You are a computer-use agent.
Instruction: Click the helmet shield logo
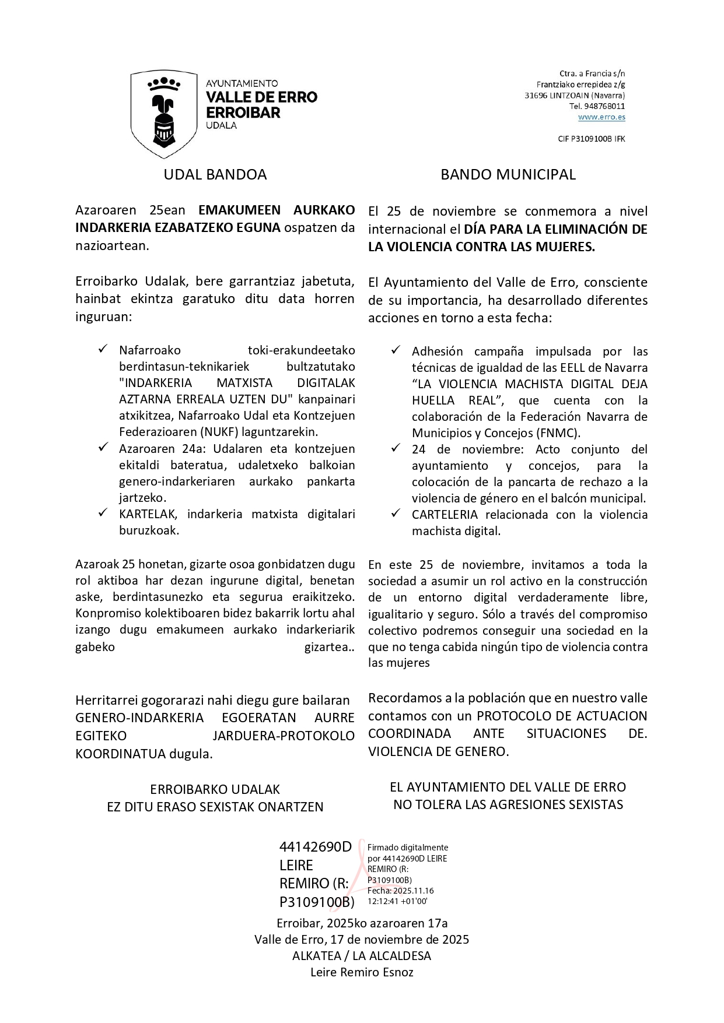164,114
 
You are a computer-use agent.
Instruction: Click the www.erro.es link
601,117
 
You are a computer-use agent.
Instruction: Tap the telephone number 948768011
604,106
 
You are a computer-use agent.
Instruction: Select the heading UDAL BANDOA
215,174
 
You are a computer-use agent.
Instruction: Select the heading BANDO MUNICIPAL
508,174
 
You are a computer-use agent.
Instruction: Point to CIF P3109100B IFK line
591,139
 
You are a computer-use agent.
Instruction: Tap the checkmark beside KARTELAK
103,513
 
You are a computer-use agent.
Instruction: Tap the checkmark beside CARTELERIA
396,514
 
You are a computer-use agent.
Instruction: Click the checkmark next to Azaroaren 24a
103,448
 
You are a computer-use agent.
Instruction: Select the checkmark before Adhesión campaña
396,350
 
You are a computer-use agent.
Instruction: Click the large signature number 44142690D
316,847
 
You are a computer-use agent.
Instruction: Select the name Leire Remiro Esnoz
362,972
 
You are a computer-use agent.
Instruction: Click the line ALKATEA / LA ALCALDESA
362,956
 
